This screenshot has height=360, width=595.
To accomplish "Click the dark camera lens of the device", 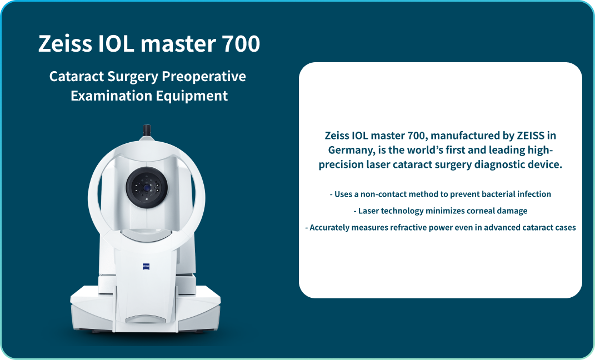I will pyautogui.click(x=146, y=188).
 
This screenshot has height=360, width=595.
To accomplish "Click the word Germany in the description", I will pyautogui.click(x=348, y=151).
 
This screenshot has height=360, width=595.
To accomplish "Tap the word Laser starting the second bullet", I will pyautogui.click(x=368, y=211).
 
